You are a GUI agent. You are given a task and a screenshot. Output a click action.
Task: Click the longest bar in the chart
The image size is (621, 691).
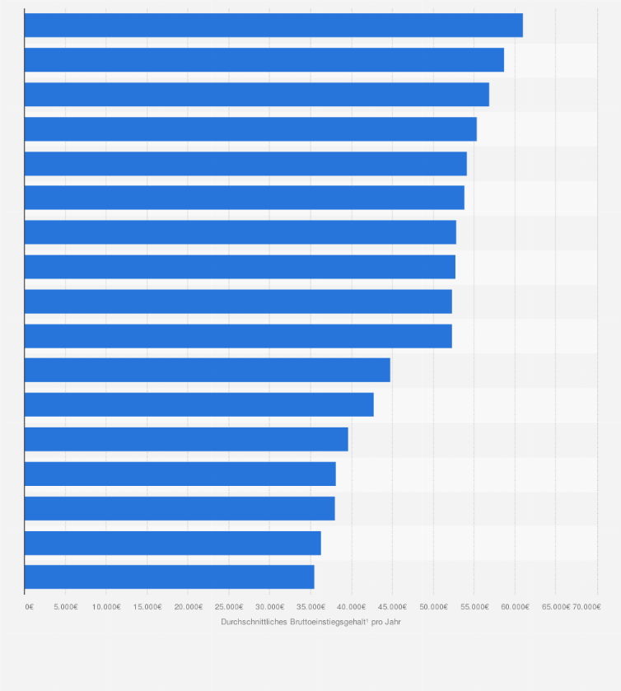(273, 26)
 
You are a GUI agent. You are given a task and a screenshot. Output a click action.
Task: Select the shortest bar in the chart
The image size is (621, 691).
(169, 577)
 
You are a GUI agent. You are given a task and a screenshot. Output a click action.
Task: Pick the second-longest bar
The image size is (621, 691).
(264, 60)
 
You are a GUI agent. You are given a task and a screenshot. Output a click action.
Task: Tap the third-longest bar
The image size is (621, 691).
(256, 95)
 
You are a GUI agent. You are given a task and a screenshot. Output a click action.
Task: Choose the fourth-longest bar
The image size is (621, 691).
(250, 129)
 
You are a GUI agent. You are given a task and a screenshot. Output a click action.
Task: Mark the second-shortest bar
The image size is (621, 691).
(172, 543)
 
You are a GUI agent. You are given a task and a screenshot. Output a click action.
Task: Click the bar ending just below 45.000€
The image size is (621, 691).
(207, 371)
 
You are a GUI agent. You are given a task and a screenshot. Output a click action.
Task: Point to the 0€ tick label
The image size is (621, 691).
(29, 607)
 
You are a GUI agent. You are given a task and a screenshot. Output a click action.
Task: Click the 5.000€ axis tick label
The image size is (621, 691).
(65, 607)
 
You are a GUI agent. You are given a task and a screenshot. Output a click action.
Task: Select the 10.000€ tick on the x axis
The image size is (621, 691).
(106, 607)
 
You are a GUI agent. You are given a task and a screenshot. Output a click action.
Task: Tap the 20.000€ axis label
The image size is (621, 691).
(188, 607)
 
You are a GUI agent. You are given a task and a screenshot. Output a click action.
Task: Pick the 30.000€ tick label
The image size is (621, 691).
(269, 607)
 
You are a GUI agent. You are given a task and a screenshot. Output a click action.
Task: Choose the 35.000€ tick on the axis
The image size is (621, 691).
(310, 607)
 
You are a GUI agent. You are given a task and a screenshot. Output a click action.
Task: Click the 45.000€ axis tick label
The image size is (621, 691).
(392, 607)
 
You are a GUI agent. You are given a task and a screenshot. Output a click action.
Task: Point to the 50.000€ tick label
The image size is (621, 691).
(433, 607)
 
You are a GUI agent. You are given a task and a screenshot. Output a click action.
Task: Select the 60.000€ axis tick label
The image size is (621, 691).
(515, 607)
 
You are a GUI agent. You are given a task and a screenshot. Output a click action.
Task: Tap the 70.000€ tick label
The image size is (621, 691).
(586, 607)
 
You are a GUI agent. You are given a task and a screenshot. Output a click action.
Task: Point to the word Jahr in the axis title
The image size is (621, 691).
(392, 622)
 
